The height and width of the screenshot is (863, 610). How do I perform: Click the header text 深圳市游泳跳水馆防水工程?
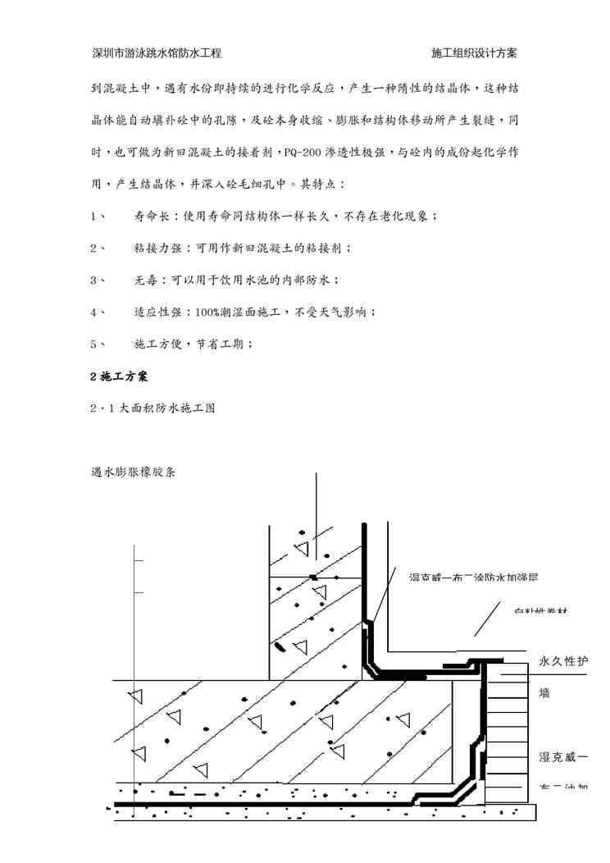157,53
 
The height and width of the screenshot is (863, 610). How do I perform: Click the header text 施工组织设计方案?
474,53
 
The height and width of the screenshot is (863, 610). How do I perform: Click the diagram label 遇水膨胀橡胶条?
136,473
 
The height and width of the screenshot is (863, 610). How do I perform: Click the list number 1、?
98,216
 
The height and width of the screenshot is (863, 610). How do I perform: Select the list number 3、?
98,280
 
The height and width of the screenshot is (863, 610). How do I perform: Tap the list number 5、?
98,344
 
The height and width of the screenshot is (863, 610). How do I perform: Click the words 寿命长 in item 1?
150,216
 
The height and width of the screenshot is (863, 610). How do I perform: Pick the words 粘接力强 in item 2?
157,248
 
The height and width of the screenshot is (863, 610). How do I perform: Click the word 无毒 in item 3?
144,280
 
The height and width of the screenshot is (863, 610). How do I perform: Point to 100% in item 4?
207,312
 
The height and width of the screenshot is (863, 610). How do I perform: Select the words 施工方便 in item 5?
157,344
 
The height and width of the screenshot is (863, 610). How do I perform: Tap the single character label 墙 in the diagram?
544,694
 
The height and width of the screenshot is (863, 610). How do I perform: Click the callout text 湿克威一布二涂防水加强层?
473,578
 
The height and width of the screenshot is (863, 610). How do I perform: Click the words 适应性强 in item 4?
157,312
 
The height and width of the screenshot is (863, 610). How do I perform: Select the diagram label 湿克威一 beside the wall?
563,757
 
